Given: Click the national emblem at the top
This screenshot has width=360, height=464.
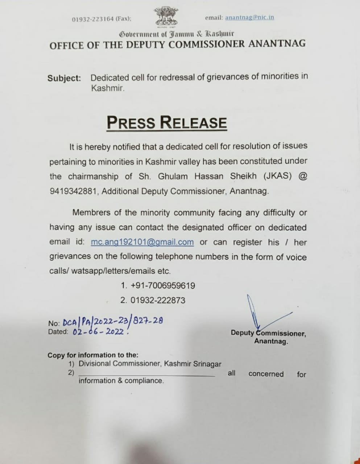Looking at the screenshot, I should point(167,17).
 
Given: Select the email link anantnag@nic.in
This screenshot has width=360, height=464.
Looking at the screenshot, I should point(249,17).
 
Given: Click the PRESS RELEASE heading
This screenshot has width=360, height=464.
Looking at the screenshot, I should point(167,122).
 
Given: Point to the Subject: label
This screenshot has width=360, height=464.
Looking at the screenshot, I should point(64,78).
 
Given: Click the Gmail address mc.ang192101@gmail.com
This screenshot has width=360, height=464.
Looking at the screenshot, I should point(142,242).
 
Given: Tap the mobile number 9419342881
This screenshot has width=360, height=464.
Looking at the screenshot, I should point(73,191).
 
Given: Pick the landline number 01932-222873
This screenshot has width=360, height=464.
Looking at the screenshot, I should point(158,300).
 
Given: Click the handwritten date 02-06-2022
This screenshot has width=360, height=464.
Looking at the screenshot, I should point(99,331).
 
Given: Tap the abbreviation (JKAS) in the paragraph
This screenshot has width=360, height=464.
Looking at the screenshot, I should point(276,176).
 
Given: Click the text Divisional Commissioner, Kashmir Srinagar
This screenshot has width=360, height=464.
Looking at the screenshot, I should point(150,364).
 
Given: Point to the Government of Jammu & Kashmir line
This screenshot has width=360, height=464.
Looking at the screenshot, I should point(177,34).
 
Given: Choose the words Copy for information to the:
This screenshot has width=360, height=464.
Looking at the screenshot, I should point(93,355).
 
